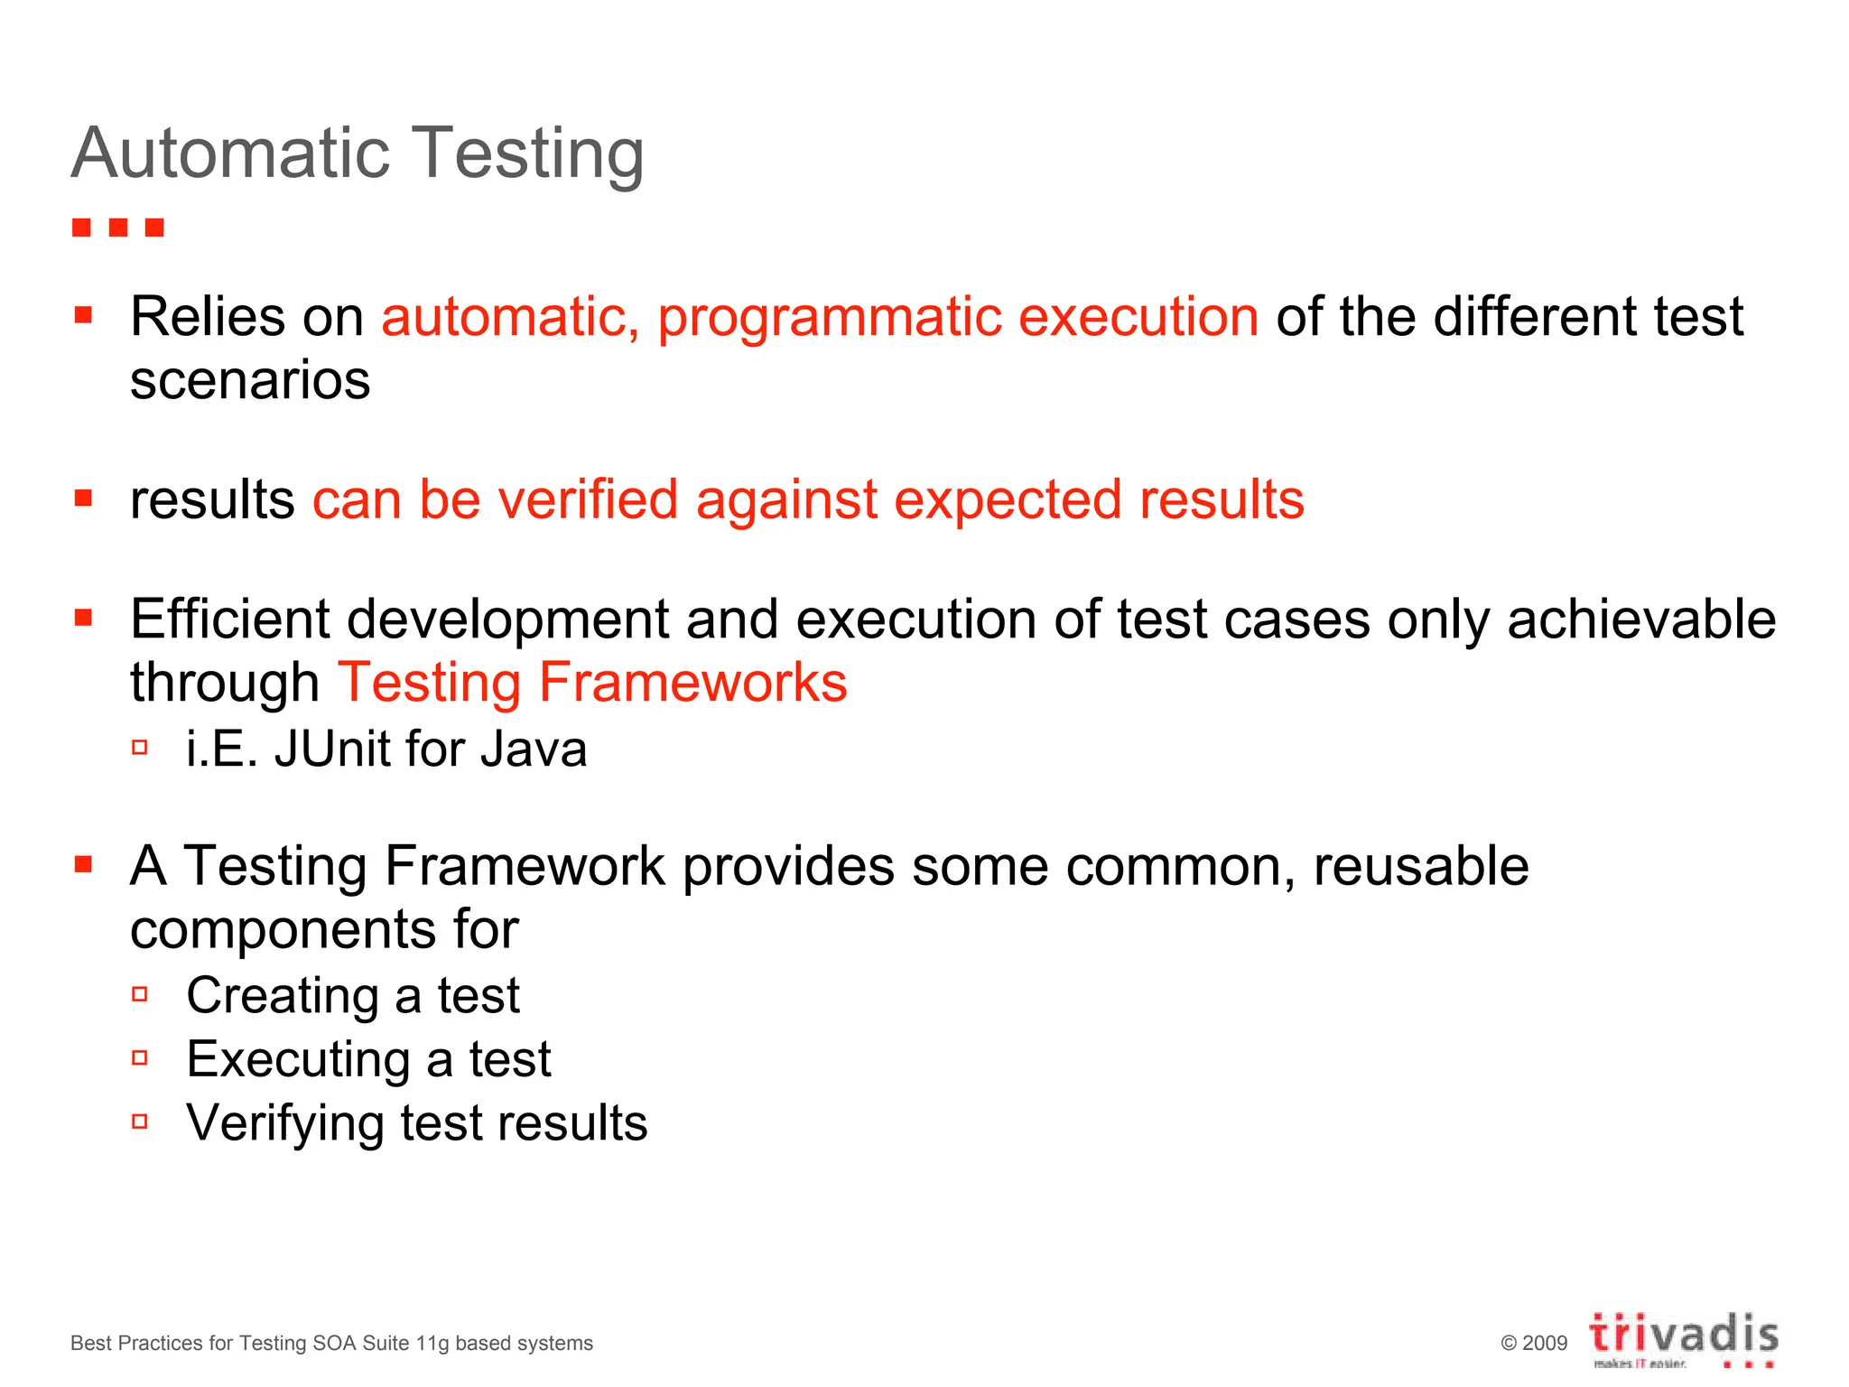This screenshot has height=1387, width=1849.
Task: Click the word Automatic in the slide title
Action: click(230, 154)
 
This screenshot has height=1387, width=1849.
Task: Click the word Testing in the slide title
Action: click(527, 155)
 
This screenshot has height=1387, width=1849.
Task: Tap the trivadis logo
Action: click(1684, 1338)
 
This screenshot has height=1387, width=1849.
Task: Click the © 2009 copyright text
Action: click(1534, 1344)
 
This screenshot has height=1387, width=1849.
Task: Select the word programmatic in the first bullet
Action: click(829, 318)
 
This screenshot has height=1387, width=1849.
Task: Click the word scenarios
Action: click(250, 380)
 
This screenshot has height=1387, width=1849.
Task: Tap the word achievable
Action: click(1641, 619)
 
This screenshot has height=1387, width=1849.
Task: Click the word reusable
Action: click(1421, 866)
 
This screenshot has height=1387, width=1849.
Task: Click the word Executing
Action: click(298, 1059)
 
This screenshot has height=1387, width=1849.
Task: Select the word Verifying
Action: click(285, 1123)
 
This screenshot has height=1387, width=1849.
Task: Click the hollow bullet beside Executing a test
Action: click(140, 1058)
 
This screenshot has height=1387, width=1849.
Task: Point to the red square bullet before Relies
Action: click(84, 315)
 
